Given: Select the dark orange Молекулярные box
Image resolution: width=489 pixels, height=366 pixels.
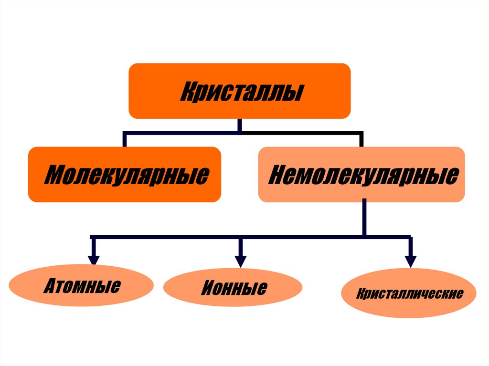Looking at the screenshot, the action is [125, 175].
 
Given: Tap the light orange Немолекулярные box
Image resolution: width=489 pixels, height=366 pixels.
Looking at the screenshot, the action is [361, 175].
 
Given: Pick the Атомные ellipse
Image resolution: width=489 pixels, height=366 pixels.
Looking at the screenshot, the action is [81, 286].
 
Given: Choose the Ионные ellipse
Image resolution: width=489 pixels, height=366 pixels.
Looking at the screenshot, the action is [233, 288].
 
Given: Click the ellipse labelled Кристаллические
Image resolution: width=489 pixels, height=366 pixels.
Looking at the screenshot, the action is [409, 293].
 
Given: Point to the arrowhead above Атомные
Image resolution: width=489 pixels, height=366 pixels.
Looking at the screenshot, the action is [94, 259].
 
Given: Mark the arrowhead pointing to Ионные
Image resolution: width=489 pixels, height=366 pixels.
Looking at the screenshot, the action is [240, 261].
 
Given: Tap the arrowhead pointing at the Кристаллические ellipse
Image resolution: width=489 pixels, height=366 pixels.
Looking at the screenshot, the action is [410, 261].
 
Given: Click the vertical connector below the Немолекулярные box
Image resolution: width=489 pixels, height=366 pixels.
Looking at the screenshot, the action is [364, 218].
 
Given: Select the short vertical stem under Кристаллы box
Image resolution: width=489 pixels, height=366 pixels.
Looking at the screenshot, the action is [240, 125].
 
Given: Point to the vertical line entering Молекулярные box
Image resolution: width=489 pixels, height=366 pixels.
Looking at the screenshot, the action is [125, 139].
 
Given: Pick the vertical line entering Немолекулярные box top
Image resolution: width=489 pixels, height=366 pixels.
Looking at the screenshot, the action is [361, 139].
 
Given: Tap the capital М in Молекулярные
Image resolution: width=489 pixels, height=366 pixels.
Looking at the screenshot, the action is [53, 175].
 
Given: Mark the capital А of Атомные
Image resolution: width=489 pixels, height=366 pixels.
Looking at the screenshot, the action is [50, 286].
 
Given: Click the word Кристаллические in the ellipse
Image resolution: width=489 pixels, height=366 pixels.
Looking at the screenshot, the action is [409, 293].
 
